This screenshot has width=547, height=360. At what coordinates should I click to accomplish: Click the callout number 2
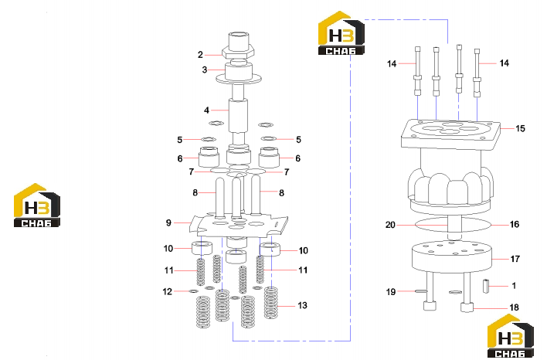tap(200, 55)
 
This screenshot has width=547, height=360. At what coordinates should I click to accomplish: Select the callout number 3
tap(205, 70)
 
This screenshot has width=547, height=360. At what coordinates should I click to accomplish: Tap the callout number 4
tap(206, 110)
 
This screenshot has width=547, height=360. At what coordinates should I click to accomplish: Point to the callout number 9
tap(168, 222)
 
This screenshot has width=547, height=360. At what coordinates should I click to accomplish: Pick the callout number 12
tap(168, 291)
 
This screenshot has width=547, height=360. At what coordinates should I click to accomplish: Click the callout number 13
tap(302, 306)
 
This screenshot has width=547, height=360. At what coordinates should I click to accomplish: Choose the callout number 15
tap(520, 128)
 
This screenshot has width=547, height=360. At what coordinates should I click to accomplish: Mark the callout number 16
tap(515, 224)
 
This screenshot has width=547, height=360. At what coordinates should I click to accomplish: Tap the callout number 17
tap(515, 259)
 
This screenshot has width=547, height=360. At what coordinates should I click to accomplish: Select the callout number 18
tap(515, 307)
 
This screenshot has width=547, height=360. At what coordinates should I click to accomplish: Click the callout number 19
tap(391, 291)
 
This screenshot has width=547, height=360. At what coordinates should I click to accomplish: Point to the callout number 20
tap(390, 225)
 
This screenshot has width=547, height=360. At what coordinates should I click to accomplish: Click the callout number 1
tap(514, 286)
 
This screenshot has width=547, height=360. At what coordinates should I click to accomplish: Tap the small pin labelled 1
tap(486, 286)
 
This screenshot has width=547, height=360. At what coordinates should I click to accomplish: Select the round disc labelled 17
tap(451, 256)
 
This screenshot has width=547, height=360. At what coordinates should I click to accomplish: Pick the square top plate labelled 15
tap(450, 134)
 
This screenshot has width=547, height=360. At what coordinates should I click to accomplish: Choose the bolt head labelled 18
tap(467, 307)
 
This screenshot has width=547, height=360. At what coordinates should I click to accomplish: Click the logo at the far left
tap(36, 205)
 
